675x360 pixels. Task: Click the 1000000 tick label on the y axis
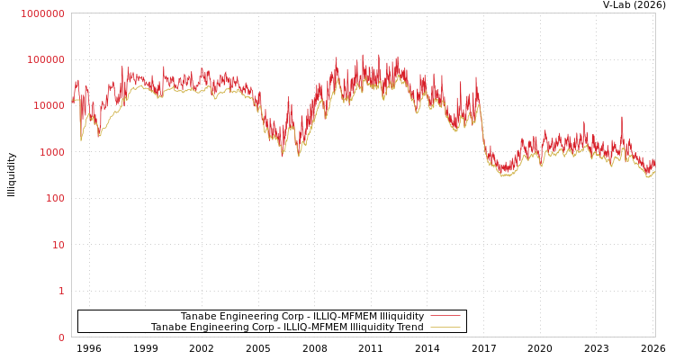pyautogui.click(x=42, y=13)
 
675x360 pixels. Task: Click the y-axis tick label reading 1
pyautogui.click(x=61, y=291)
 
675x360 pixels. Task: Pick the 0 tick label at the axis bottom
pyautogui.click(x=61, y=337)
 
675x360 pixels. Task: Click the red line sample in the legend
pyautogui.click(x=445, y=316)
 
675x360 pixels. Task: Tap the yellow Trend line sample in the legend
pyautogui.click(x=445, y=327)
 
